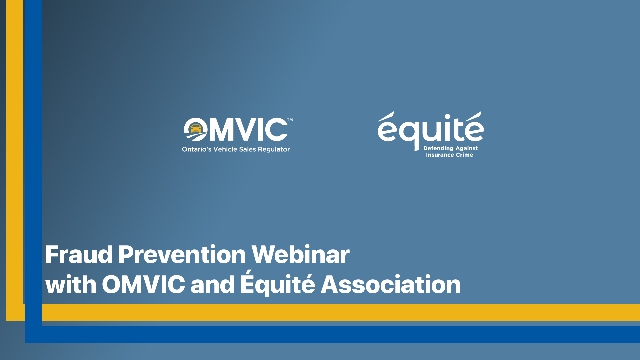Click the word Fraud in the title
tap(79, 255)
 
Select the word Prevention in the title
tap(182, 255)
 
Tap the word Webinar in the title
tap(300, 255)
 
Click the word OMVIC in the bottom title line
tap(143, 285)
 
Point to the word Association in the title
tap(390, 285)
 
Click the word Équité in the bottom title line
tap(277, 284)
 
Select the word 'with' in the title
tap(71, 285)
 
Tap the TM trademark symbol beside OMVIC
tap(290, 120)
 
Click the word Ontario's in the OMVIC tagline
tap(196, 149)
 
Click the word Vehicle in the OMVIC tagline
tap(225, 149)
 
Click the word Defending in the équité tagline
tap(438, 148)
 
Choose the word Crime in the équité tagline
tap(464, 155)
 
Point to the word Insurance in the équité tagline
tap(440, 155)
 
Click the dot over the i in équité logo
tap(448, 117)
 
